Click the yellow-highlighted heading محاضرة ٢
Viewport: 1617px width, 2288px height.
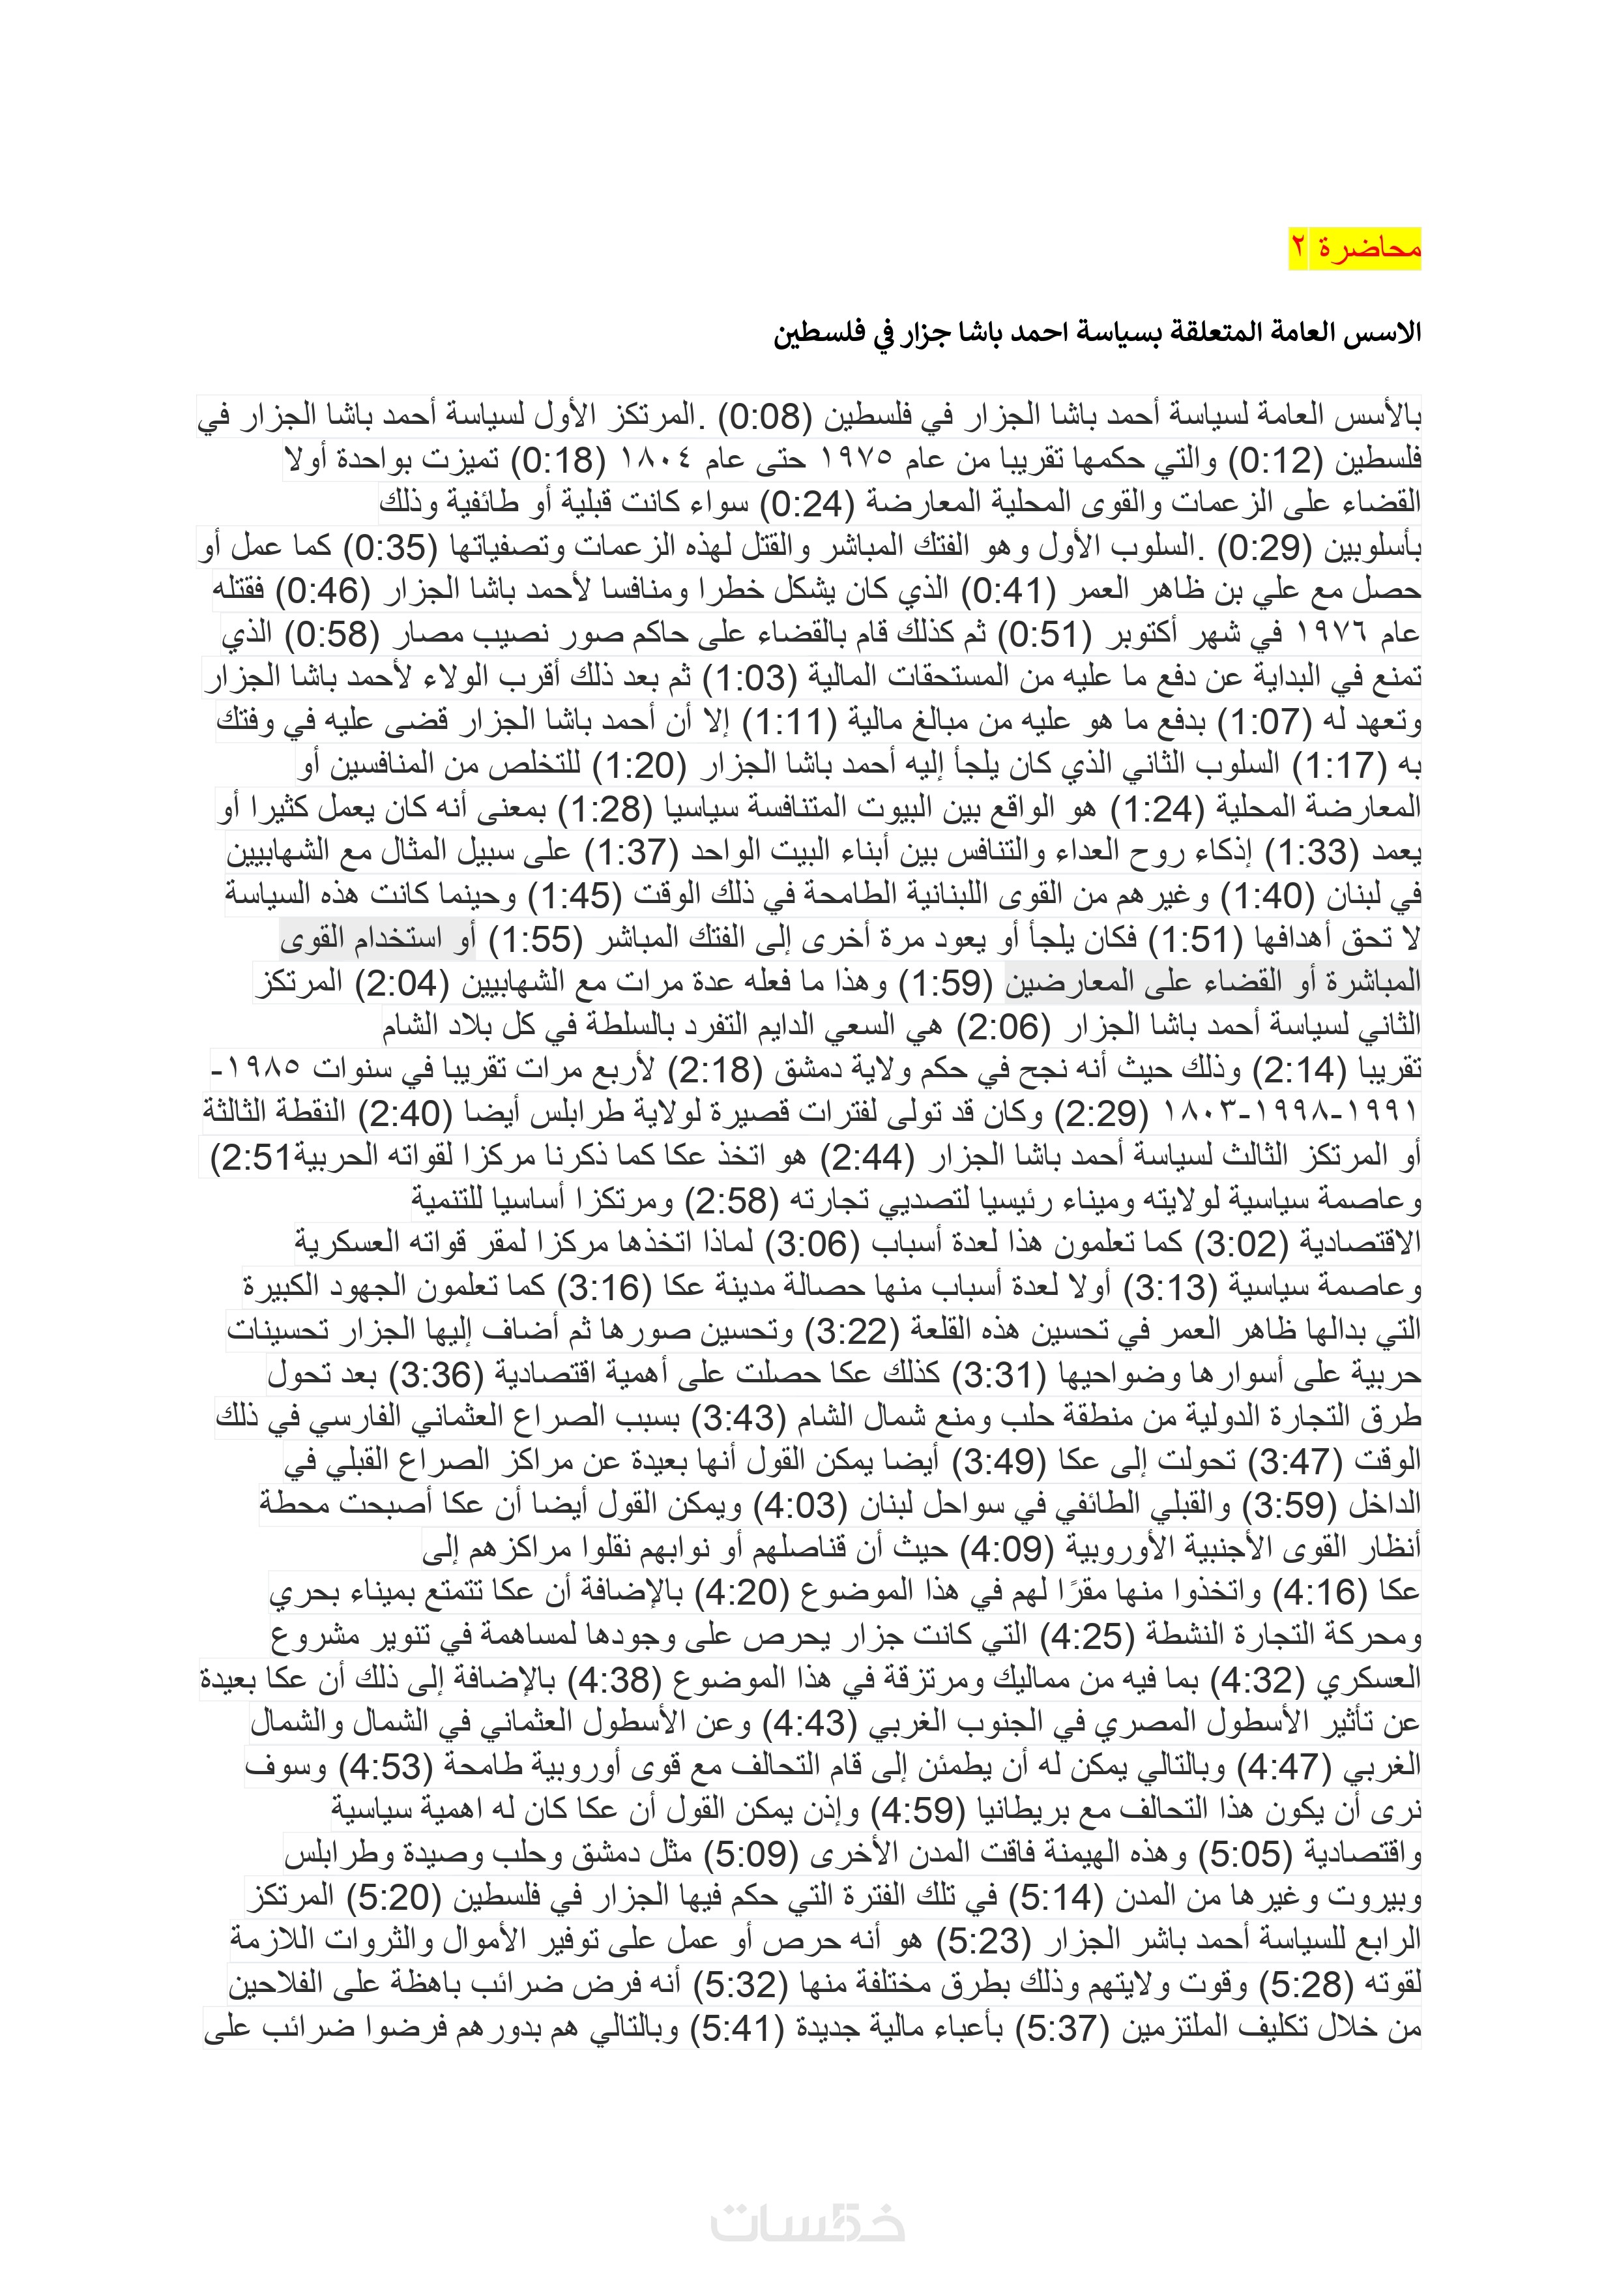pyautogui.click(x=1355, y=247)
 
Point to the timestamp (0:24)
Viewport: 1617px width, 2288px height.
pyautogui.click(x=806, y=504)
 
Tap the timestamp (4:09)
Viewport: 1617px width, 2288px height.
pyautogui.click(x=1005, y=1547)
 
